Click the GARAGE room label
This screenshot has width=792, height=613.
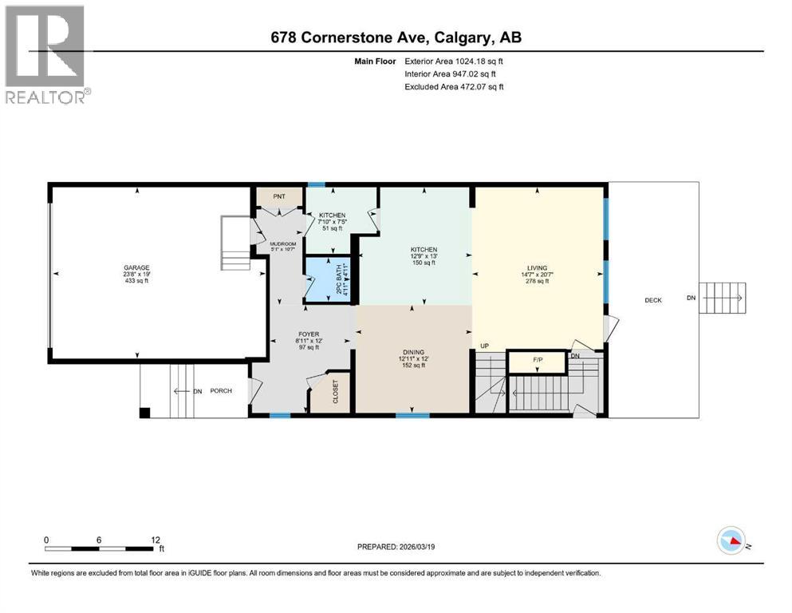pyautogui.click(x=136, y=268)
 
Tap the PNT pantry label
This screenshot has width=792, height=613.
pyautogui.click(x=278, y=196)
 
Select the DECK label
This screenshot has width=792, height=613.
pyautogui.click(x=654, y=301)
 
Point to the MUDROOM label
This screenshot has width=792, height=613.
pyautogui.click(x=283, y=244)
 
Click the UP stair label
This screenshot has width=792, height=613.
pyautogui.click(x=484, y=346)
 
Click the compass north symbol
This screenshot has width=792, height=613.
pyautogui.click(x=732, y=541)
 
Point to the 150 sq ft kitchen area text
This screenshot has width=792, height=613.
pyautogui.click(x=424, y=263)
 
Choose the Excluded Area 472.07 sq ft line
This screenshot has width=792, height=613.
pyautogui.click(x=455, y=87)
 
